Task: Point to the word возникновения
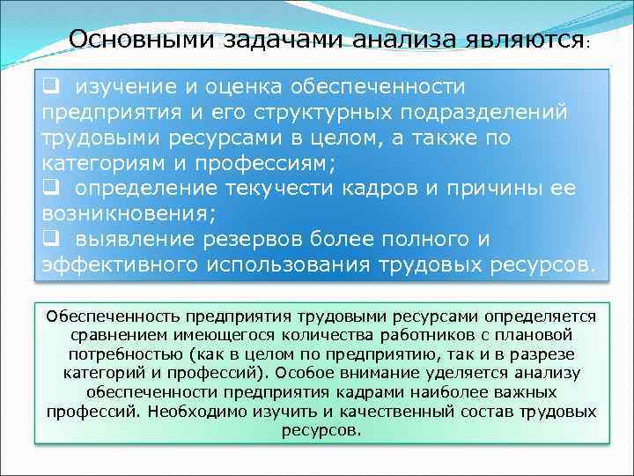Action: point(123,214)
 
